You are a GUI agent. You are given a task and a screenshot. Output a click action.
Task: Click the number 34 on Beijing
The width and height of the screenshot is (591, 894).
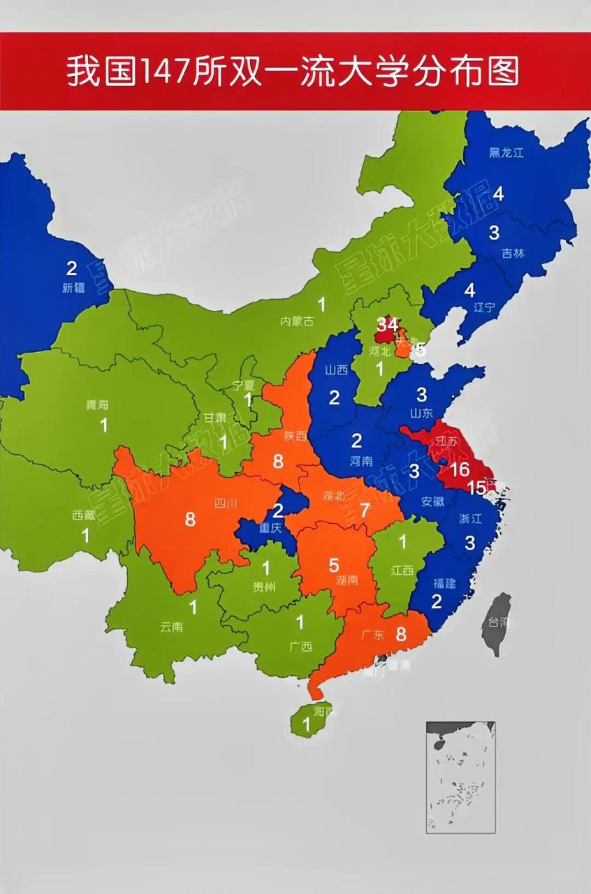coord(388,325)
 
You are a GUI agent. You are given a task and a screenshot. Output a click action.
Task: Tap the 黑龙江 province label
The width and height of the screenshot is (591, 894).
coord(506,153)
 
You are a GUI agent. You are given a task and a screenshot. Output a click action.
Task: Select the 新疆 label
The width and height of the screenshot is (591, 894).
coord(73,287)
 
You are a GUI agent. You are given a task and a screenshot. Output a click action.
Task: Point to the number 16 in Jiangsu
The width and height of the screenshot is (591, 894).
coord(460,469)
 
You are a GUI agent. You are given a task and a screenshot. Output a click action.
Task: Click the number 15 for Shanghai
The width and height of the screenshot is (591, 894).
coord(477,488)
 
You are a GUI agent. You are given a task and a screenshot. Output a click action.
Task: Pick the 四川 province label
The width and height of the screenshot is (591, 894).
coord(226,502)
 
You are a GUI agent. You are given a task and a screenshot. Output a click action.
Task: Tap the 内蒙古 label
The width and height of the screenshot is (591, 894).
coord(297,321)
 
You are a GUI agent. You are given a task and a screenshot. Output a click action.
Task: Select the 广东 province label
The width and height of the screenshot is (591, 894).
coord(373,635)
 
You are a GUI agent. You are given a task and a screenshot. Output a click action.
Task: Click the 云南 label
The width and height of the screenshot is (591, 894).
coord(171,626)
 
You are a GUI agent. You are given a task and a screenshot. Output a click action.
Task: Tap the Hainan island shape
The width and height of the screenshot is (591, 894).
coord(311,719)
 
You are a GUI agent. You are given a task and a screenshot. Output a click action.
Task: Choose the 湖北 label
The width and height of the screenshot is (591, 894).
coord(335,496)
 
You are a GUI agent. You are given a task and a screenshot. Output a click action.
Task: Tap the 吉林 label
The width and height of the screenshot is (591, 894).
coord(513,254)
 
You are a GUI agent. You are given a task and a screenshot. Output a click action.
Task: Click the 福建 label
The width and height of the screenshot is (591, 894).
coord(445,582)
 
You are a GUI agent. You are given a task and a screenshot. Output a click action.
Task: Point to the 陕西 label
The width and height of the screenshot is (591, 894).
coord(295,436)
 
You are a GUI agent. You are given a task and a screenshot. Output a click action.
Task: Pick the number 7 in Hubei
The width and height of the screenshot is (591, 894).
coord(365,509)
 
